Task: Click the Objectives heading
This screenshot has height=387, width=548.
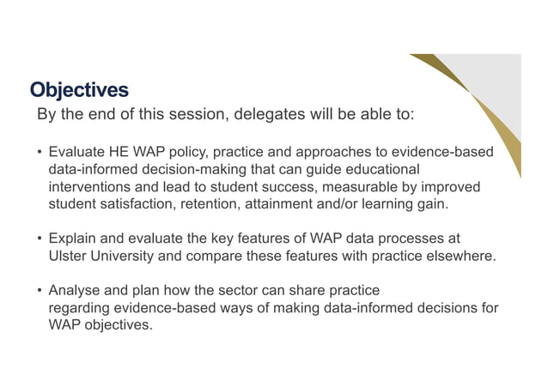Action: click(x=79, y=89)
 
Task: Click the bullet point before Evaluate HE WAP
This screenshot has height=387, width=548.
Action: click(x=39, y=152)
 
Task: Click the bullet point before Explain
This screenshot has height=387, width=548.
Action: click(x=39, y=238)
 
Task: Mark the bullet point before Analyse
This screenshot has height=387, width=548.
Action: click(x=39, y=290)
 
